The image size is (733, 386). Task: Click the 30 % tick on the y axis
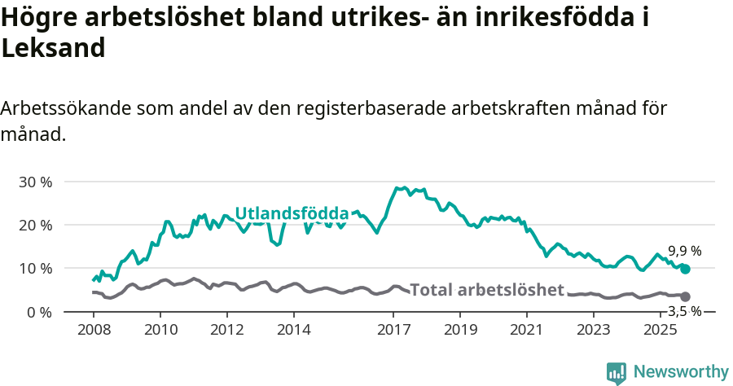pos(35,182)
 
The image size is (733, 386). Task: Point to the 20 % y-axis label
pos(35,225)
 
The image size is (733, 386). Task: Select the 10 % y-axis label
pos(35,269)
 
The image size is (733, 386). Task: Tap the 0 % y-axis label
pos(38,312)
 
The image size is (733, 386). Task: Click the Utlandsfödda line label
pos(292,213)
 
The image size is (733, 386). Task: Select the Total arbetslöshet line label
pos(487,290)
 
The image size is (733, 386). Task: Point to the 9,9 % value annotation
pos(684,252)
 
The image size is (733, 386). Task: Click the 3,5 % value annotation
pos(684,311)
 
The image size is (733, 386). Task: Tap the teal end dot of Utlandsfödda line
pos(685,269)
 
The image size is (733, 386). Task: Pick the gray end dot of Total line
pos(685,296)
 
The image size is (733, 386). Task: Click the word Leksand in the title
pos(54,48)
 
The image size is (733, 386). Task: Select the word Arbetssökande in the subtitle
pos(66,108)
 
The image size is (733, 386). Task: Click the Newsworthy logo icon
pos(617,372)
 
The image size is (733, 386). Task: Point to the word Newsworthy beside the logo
pos(681,372)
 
